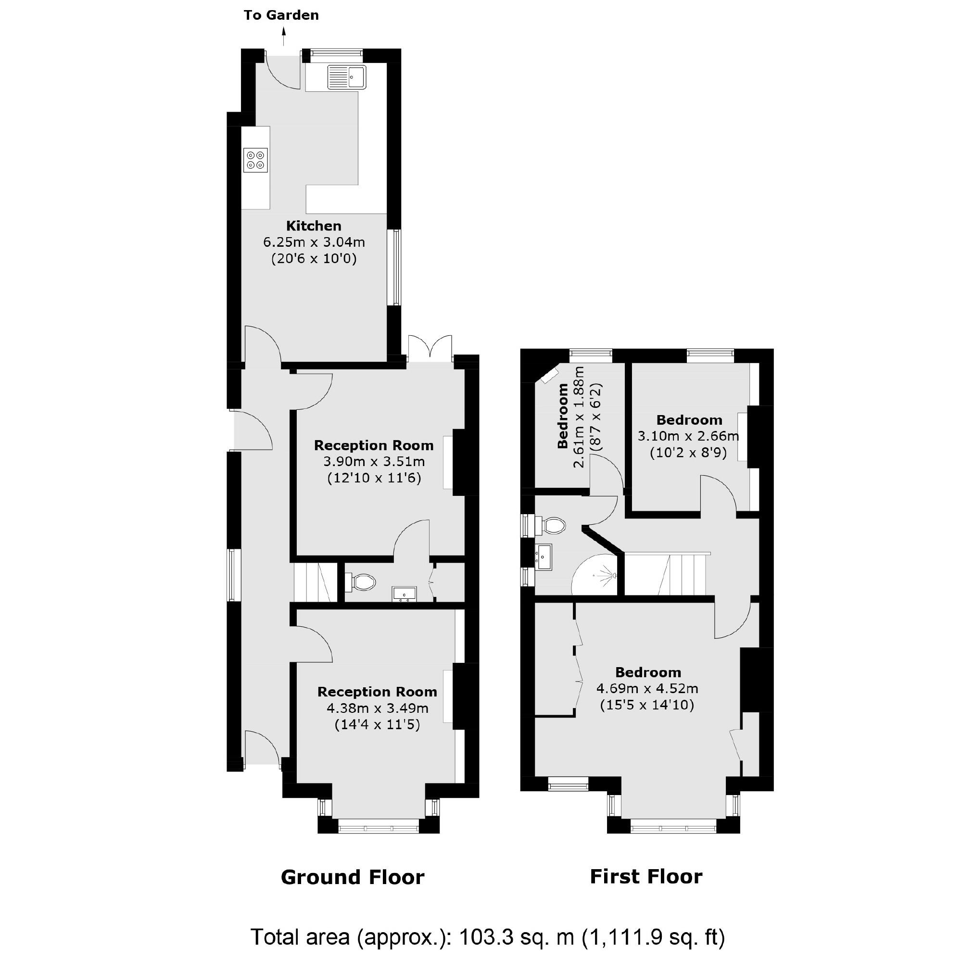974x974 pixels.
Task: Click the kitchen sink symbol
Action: [x=347, y=77]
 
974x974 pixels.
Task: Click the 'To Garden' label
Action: [x=281, y=15]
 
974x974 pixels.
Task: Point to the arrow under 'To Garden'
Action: [x=284, y=36]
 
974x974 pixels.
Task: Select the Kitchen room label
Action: [x=314, y=226]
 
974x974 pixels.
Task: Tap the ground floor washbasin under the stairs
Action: [x=405, y=595]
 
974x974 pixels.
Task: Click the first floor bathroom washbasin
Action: [x=544, y=557]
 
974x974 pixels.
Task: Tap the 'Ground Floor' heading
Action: [x=353, y=878]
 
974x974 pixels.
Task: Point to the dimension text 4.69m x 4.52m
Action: [x=647, y=688]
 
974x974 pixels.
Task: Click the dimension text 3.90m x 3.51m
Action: [x=374, y=461]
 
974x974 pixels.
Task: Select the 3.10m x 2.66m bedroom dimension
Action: [x=688, y=436]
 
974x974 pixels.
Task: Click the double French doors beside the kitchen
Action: [x=430, y=348]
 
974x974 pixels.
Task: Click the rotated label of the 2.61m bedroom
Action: [x=563, y=416]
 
